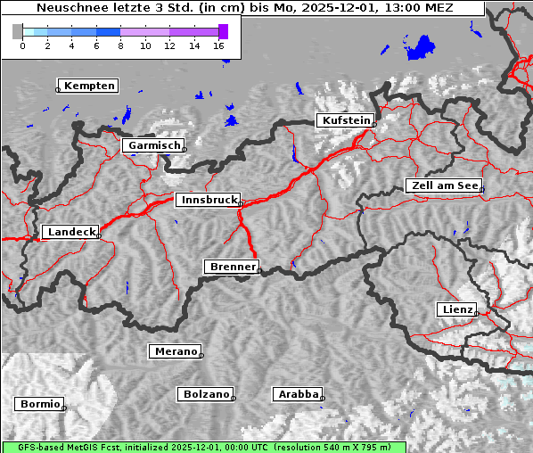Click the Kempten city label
[x=87, y=86]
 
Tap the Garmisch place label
[x=153, y=145]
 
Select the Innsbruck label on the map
[x=208, y=201]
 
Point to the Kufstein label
[x=345, y=120]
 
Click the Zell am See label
[x=444, y=185]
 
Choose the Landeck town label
[x=70, y=232]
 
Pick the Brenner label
[x=232, y=267]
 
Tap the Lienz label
[x=456, y=309]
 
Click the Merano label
[x=175, y=351]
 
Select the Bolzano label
[x=206, y=394]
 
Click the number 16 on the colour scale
[x=219, y=45]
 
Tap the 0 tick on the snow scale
[x=22, y=45]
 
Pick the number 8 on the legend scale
[x=120, y=45]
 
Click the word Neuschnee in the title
[x=66, y=8]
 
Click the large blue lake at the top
[x=420, y=45]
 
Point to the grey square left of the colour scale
[x=17, y=31]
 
